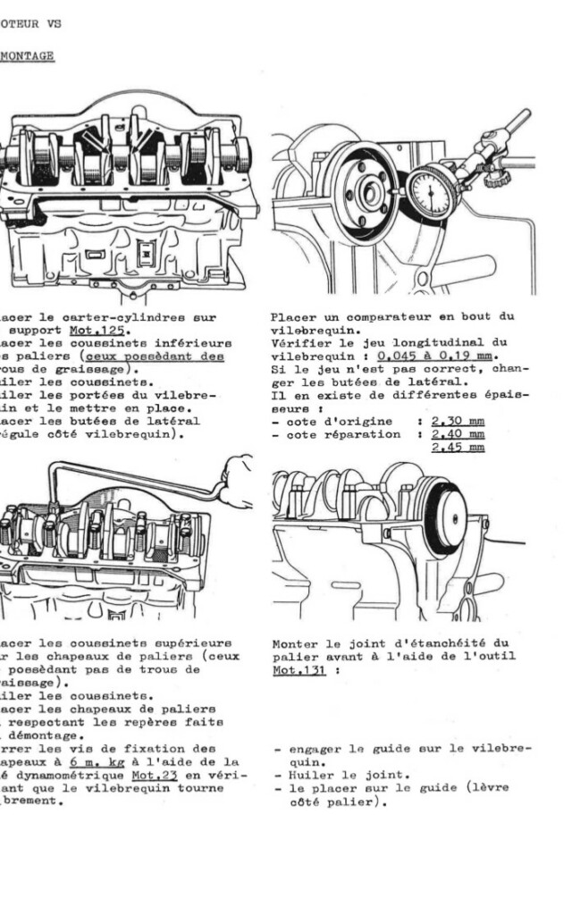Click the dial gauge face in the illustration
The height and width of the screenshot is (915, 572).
click(433, 191)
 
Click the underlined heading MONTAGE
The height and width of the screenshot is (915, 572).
click(27, 55)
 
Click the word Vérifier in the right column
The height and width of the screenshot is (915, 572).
click(300, 342)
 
